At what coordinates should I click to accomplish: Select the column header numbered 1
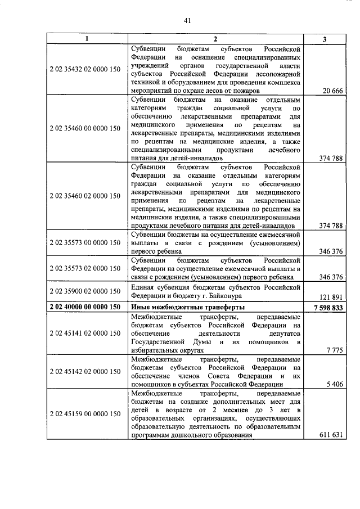[x=86, y=39]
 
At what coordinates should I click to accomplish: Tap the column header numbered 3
[x=324, y=39]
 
